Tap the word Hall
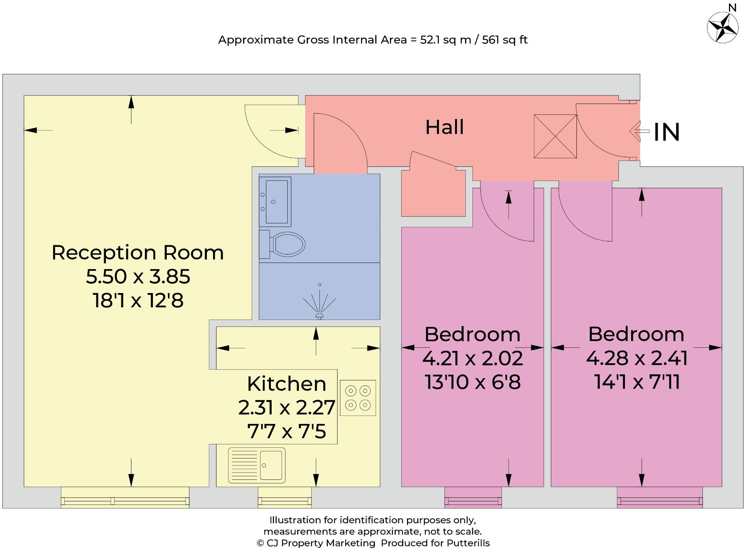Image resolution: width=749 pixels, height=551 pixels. (444, 127)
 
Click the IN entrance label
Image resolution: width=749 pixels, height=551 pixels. (667, 132)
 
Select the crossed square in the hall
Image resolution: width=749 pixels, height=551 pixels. (555, 136)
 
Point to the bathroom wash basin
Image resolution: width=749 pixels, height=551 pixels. (275, 201)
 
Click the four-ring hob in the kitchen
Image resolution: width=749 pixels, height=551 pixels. (358, 398)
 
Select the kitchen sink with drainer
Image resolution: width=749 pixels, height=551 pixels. (257, 465)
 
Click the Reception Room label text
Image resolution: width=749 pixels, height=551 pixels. (138, 253)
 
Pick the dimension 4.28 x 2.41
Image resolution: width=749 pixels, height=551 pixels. (636, 358)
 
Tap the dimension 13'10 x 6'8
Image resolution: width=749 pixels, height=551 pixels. (472, 382)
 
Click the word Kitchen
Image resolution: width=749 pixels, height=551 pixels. (286, 384)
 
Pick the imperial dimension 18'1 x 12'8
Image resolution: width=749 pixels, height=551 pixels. (138, 300)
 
